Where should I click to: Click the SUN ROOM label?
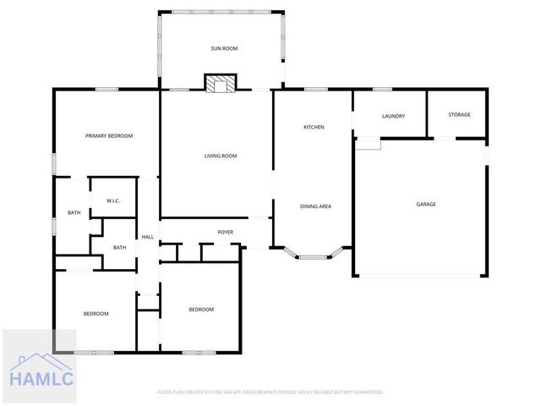tap(224, 49)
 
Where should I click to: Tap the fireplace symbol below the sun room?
tap(221, 83)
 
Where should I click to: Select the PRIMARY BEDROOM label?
tap(109, 136)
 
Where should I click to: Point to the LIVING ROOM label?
tap(221, 156)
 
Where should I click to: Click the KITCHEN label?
tap(314, 127)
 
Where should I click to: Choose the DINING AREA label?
tap(315, 206)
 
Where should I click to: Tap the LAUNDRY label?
tap(393, 116)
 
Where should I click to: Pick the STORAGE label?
tap(459, 115)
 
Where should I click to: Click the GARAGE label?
tap(425, 204)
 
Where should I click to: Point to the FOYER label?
tap(226, 232)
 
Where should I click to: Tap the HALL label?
tap(147, 237)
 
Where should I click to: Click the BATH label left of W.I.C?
tap(74, 212)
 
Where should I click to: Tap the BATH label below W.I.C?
tap(119, 247)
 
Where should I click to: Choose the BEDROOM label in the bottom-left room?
tap(96, 314)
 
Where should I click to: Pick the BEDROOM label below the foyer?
tap(200, 310)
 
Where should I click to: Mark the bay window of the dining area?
tap(314, 253)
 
